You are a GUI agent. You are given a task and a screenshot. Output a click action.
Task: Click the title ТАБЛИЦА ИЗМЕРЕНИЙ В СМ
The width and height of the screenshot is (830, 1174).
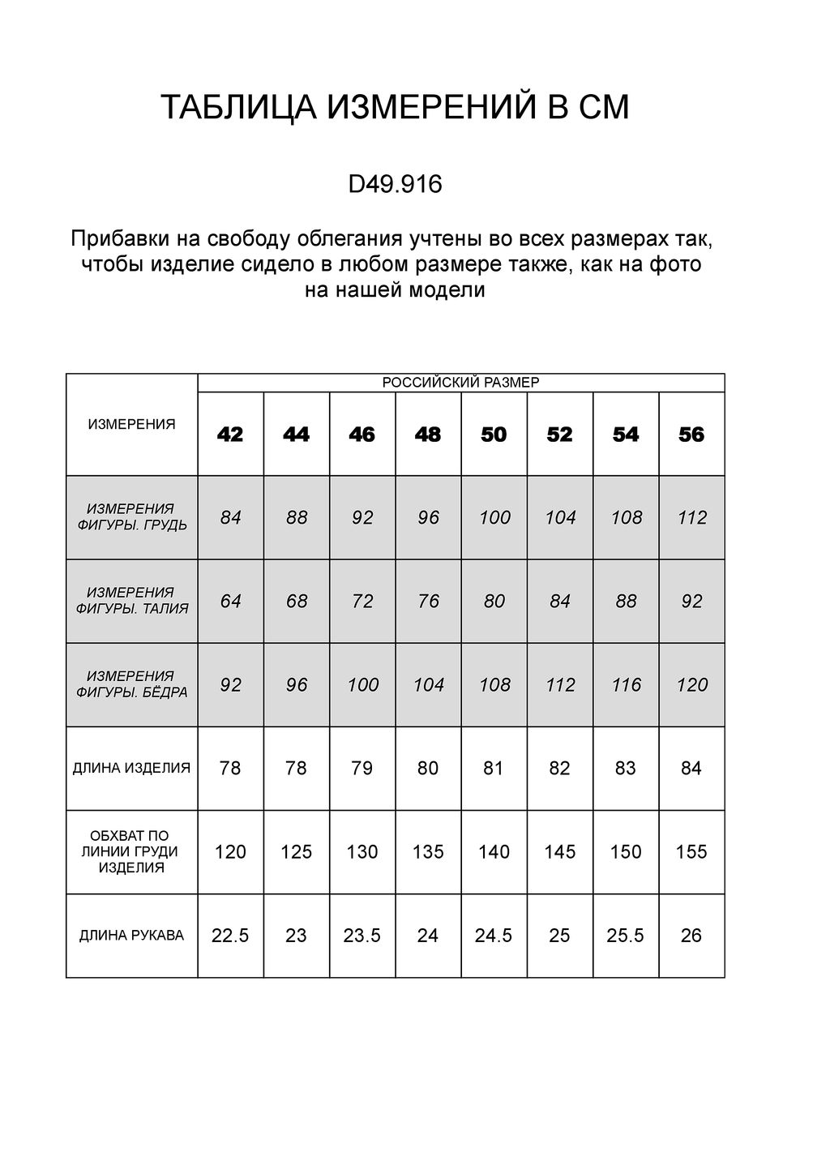tap(395, 108)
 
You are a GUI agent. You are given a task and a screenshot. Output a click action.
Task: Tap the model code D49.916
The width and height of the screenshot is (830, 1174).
tap(395, 185)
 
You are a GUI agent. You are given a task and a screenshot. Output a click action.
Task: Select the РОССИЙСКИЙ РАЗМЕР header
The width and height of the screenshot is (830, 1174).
tap(460, 383)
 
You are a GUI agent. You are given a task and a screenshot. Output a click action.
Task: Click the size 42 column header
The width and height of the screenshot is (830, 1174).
tap(230, 435)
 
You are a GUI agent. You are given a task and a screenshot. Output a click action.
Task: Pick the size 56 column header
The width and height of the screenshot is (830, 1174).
tap(691, 435)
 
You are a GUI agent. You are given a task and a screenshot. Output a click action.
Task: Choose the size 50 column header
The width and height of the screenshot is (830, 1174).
tap(494, 435)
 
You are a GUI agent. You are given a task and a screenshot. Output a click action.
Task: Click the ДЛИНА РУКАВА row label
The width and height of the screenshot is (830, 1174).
tap(131, 936)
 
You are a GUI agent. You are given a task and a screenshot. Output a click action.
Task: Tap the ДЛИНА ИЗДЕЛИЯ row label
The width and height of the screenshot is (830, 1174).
tap(131, 768)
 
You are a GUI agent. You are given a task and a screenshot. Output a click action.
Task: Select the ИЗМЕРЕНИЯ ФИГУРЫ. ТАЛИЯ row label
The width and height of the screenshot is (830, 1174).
tap(131, 601)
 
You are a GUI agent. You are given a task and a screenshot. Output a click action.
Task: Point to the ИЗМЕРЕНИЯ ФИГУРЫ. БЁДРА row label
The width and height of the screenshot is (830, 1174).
tap(131, 684)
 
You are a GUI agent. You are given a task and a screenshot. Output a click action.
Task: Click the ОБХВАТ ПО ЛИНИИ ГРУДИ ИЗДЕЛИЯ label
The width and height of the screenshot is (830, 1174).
tap(131, 851)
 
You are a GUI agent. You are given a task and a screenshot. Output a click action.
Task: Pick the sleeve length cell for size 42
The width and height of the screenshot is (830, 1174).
tap(230, 936)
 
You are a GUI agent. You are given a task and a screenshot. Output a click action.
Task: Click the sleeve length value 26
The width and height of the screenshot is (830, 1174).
tap(691, 936)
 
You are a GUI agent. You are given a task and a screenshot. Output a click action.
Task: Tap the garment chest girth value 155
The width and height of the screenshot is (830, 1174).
tap(691, 852)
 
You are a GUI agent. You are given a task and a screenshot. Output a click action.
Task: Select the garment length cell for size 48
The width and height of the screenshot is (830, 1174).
tap(428, 768)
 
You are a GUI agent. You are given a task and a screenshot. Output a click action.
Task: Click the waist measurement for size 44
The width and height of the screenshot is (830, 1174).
tap(297, 602)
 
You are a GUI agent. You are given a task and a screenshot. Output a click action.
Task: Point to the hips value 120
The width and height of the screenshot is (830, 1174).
tap(692, 685)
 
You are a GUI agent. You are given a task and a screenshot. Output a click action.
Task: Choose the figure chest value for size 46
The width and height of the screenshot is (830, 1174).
tap(362, 517)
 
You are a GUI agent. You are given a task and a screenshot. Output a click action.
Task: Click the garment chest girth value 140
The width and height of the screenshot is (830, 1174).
tap(494, 852)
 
